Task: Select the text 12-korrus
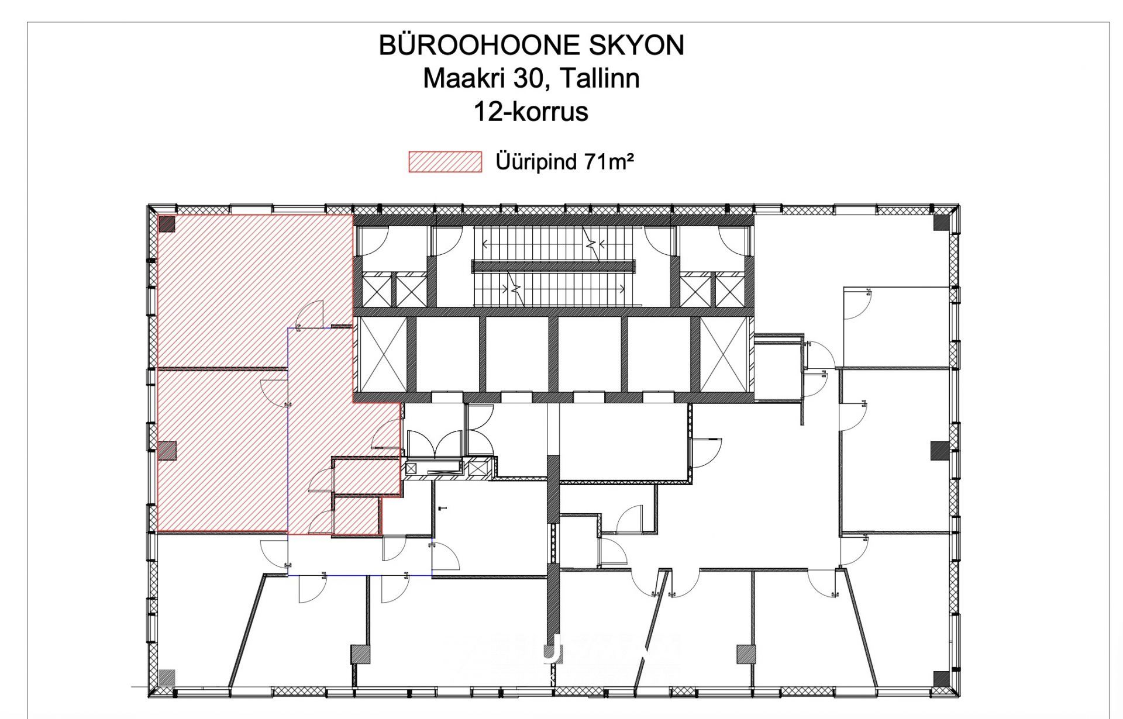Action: pyautogui.click(x=531, y=112)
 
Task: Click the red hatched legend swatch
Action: pyautogui.click(x=445, y=162)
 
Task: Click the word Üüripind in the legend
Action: pyautogui.click(x=536, y=162)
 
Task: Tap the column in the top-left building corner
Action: pyautogui.click(x=167, y=224)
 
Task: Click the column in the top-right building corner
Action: pyautogui.click(x=941, y=222)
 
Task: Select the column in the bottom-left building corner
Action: pyautogui.click(x=167, y=677)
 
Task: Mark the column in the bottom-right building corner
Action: pyautogui.click(x=941, y=679)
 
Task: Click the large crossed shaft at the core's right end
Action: pyautogui.click(x=724, y=354)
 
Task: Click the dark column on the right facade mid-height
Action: pyautogui.click(x=939, y=451)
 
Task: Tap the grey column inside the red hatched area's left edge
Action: pyautogui.click(x=167, y=450)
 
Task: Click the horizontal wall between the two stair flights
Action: pyautogui.click(x=553, y=267)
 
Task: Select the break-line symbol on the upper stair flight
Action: pyautogui.click(x=592, y=244)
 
